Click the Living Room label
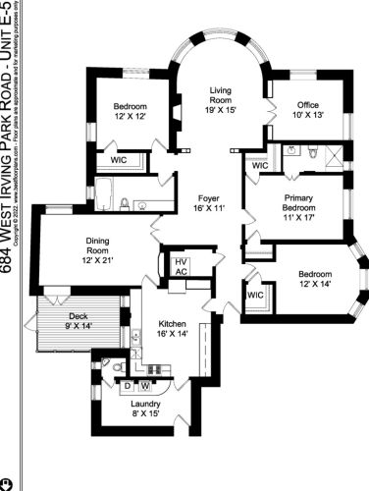click(x=219, y=93)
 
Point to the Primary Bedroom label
click(x=293, y=200)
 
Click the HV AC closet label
click(x=181, y=266)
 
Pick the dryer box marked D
click(x=128, y=386)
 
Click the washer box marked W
click(x=145, y=386)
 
